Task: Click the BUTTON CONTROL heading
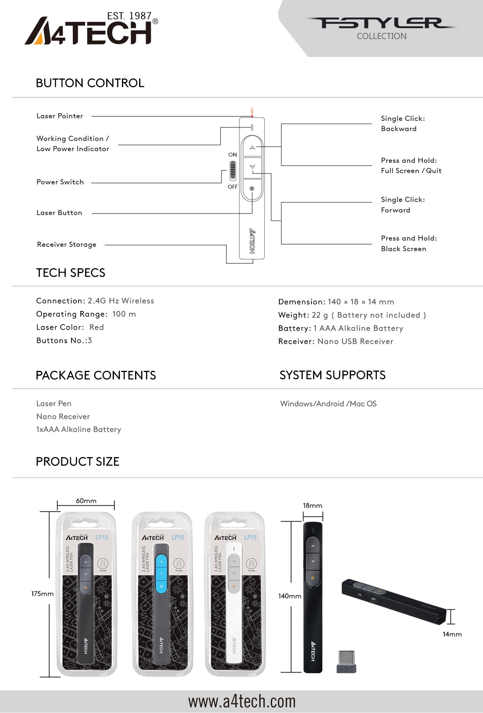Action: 90,83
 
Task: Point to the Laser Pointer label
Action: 60,116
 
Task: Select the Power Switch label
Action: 60,182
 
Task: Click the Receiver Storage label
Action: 67,245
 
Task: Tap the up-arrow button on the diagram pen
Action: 252,147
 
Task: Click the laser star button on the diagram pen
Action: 252,189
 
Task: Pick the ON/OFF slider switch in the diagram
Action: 233,171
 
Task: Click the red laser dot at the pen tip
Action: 252,116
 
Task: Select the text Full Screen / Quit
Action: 411,171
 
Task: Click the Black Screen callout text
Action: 403,249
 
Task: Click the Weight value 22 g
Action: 320,315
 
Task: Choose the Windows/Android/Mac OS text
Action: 328,404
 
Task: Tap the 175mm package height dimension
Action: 42,594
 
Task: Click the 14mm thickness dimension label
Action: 452,635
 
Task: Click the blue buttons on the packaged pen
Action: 161,574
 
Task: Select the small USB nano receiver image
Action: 346,662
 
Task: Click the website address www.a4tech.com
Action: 242,702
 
